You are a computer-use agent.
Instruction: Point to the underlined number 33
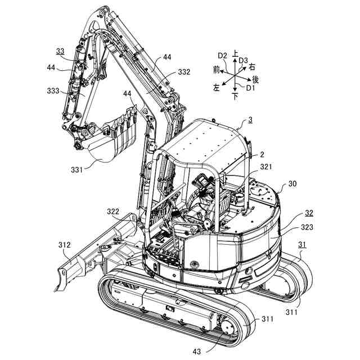(x=60, y=51)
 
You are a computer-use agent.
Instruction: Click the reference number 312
(x=64, y=245)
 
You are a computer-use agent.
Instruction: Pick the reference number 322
(x=113, y=211)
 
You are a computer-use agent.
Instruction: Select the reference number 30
(x=292, y=183)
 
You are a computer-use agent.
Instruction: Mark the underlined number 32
(x=309, y=213)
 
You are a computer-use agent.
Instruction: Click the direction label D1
(x=250, y=88)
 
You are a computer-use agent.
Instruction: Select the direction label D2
(x=222, y=55)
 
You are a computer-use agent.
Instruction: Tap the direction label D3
(x=243, y=60)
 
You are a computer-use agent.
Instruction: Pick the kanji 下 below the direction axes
(x=235, y=97)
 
